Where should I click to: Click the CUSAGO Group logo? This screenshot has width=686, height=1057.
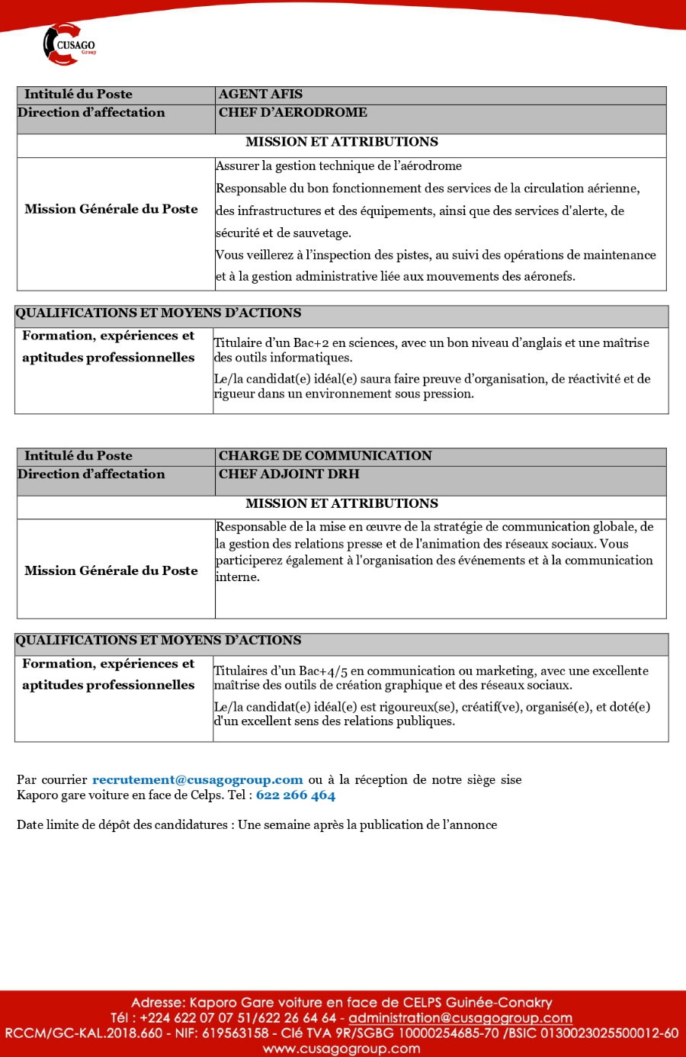[x=69, y=44]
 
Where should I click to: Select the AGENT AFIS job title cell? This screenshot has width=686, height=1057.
[x=261, y=95]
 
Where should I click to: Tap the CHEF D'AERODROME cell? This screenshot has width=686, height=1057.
[x=293, y=113]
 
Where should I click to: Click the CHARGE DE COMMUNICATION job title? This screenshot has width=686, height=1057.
[x=325, y=456]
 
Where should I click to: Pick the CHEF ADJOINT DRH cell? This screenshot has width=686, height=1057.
[x=289, y=474]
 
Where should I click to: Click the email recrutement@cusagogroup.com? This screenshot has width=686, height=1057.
[x=197, y=779]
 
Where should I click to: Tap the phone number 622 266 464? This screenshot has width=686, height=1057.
[x=296, y=795]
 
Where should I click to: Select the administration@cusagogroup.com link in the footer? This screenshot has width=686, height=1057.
[x=460, y=1018]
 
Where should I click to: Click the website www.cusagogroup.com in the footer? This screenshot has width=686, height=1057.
[x=341, y=1049]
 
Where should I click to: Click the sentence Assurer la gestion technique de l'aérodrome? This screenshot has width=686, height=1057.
[x=338, y=166]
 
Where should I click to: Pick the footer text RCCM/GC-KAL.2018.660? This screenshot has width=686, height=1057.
[x=84, y=1033]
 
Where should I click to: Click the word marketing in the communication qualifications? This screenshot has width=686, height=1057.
[x=505, y=671]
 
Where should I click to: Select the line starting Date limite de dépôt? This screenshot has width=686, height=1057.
[x=257, y=825]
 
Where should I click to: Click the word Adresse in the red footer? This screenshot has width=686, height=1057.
[x=158, y=1003]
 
